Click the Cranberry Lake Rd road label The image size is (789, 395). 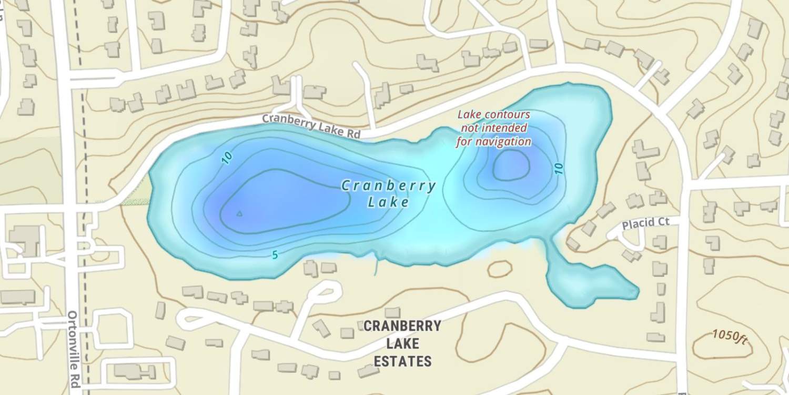(311, 126)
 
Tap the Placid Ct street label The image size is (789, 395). (645, 223)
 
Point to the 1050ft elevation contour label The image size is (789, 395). (730, 336)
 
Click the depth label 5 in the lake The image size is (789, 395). (275, 255)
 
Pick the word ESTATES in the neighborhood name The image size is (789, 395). (403, 361)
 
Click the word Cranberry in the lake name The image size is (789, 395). (389, 186)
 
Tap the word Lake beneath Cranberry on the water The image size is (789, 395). (388, 202)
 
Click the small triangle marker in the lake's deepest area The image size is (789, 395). (239, 213)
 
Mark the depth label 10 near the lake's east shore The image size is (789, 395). (559, 169)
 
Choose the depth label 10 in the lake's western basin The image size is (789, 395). (227, 157)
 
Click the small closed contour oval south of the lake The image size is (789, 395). (499, 269)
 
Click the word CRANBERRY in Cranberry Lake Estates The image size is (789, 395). (402, 326)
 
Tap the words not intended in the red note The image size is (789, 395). (494, 128)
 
